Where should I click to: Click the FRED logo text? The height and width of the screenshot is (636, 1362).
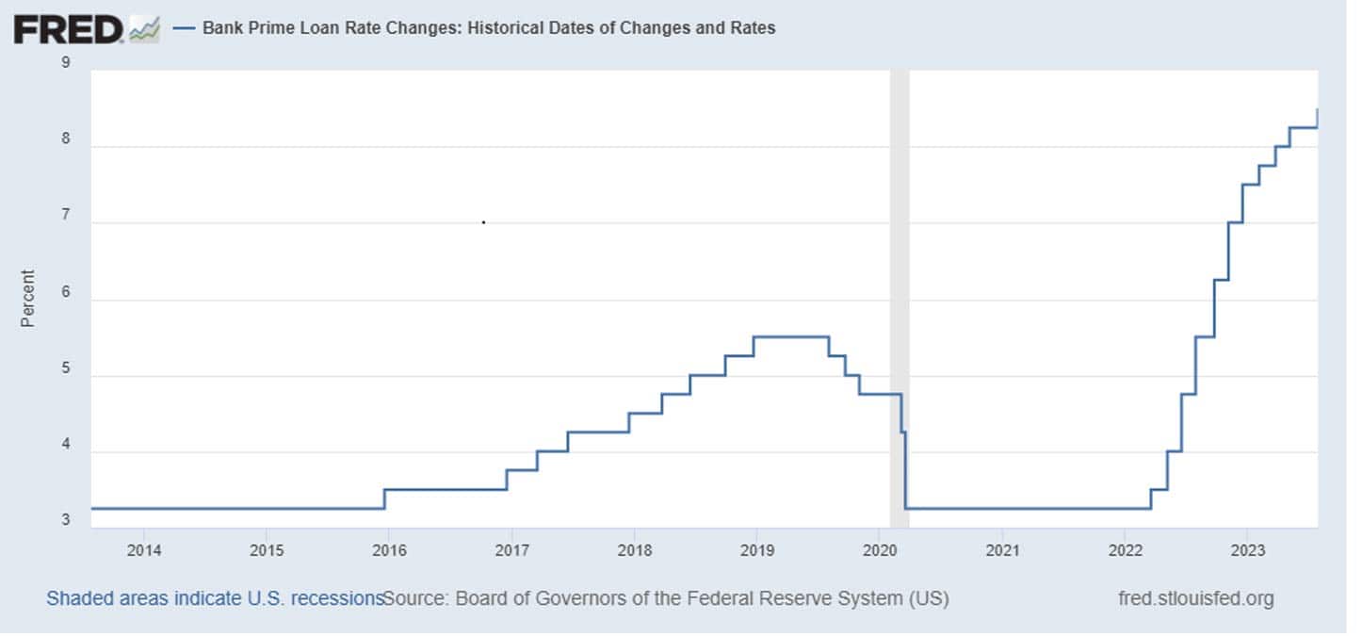tap(68, 29)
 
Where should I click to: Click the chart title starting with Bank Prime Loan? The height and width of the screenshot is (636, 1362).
tap(489, 28)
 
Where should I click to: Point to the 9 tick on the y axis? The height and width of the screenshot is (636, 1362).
tap(66, 63)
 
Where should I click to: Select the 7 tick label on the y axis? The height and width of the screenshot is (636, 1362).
tap(66, 223)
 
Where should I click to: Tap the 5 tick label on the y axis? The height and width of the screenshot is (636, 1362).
tap(66, 376)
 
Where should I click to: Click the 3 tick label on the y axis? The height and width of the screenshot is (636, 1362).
tap(66, 520)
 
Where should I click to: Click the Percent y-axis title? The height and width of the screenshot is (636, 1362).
tap(28, 299)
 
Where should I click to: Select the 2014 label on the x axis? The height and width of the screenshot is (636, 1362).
tap(143, 549)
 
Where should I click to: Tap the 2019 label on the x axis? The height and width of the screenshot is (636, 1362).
tap(756, 549)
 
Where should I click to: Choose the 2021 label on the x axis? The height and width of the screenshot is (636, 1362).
tap(1002, 549)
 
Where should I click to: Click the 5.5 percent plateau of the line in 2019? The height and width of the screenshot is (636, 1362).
tap(791, 336)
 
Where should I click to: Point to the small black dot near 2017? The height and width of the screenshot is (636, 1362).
tap(483, 222)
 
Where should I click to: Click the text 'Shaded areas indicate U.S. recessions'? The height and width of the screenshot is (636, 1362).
tap(215, 598)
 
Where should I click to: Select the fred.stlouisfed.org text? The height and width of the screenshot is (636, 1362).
tap(1195, 598)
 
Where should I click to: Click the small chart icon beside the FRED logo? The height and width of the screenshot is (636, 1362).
tap(144, 29)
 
